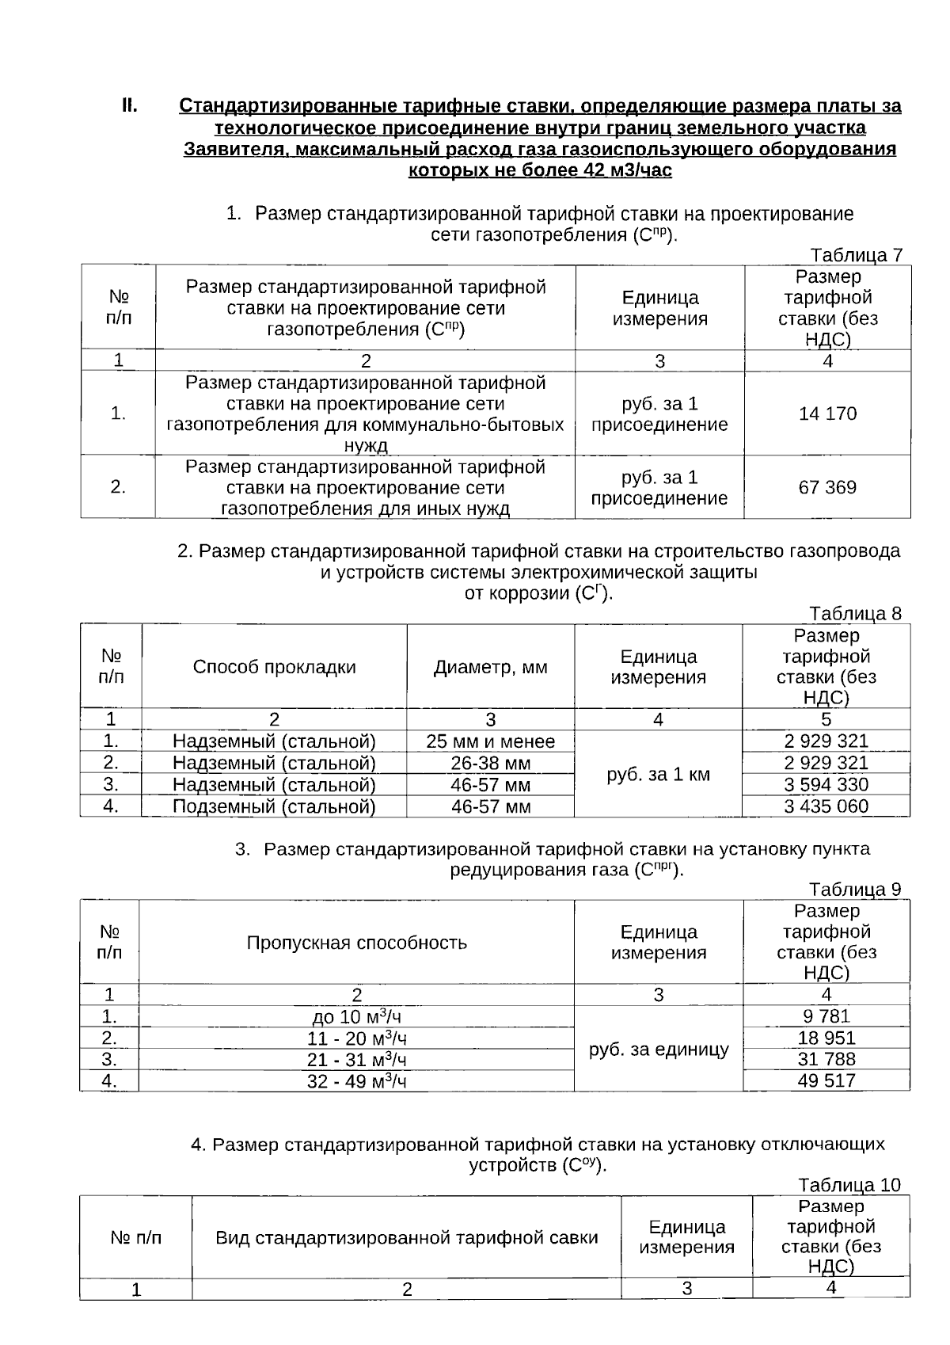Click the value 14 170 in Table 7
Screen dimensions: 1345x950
tap(827, 413)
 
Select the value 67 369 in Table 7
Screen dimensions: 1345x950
tap(827, 487)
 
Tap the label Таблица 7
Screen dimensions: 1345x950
tap(856, 255)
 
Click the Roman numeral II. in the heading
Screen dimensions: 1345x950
tap(130, 105)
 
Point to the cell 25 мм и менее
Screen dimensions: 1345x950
tap(490, 741)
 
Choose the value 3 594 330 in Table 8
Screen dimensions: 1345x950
tap(826, 785)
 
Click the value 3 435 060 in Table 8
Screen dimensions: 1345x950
tap(826, 806)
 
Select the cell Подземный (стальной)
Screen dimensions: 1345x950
tap(274, 806)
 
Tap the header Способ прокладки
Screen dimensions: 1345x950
tap(274, 667)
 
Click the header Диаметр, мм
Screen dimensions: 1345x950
tap(490, 667)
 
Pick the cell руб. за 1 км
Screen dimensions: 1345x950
tap(658, 774)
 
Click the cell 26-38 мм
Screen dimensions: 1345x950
tap(490, 764)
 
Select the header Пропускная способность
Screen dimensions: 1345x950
tap(356, 943)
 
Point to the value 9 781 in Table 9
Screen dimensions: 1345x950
tap(826, 1016)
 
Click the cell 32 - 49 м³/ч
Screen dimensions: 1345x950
tap(356, 1081)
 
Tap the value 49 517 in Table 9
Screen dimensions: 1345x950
tap(826, 1080)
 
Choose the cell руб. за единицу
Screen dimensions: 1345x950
tap(658, 1050)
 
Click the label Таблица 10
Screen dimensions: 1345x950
tap(849, 1185)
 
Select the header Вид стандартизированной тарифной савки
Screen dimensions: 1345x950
tap(406, 1237)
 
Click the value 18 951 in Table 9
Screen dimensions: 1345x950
tap(826, 1038)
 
